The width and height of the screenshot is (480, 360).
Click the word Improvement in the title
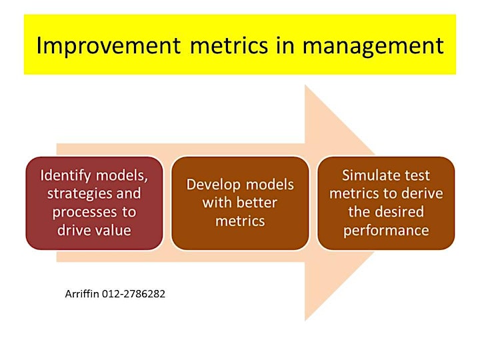tap(109, 46)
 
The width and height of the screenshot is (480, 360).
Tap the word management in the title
tap(373, 47)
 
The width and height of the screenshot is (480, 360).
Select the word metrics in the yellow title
tap(229, 45)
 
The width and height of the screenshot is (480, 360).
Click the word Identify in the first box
tap(65, 176)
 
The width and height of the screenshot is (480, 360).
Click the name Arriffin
tap(82, 294)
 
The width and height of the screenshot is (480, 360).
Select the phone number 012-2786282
tap(133, 294)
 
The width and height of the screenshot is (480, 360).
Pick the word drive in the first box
tap(74, 230)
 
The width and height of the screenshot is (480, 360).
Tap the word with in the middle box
tap(217, 203)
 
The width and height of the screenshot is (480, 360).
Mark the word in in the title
tap(285, 45)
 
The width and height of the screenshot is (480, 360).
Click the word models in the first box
tap(122, 176)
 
